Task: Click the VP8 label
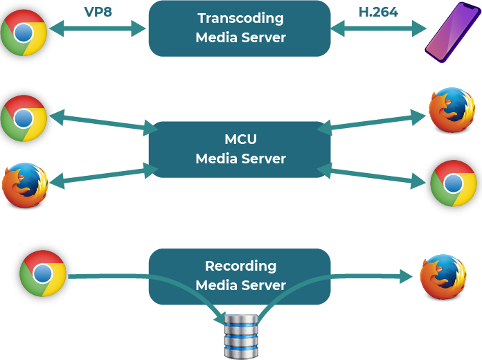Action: [98, 12]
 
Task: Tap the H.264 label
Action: [378, 12]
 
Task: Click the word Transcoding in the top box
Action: [240, 19]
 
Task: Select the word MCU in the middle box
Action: [240, 140]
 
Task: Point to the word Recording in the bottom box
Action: [240, 266]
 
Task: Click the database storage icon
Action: [241, 336]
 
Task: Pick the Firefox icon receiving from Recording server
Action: [443, 276]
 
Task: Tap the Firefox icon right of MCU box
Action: [451, 109]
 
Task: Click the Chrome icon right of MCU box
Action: [452, 182]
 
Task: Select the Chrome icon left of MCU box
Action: [24, 117]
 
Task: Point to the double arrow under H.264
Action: [379, 29]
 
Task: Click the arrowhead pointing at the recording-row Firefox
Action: [405, 277]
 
